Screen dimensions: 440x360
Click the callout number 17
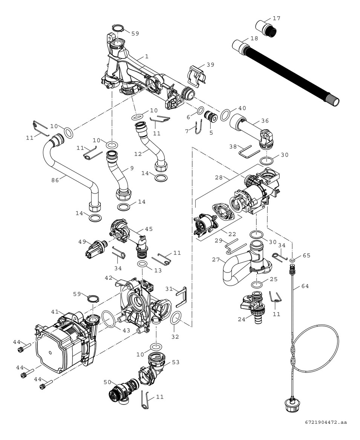276,18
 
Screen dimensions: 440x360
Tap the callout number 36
265,121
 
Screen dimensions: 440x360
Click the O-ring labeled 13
142,263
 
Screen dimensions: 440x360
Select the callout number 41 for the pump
55,312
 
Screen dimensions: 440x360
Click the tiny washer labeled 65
293,260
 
